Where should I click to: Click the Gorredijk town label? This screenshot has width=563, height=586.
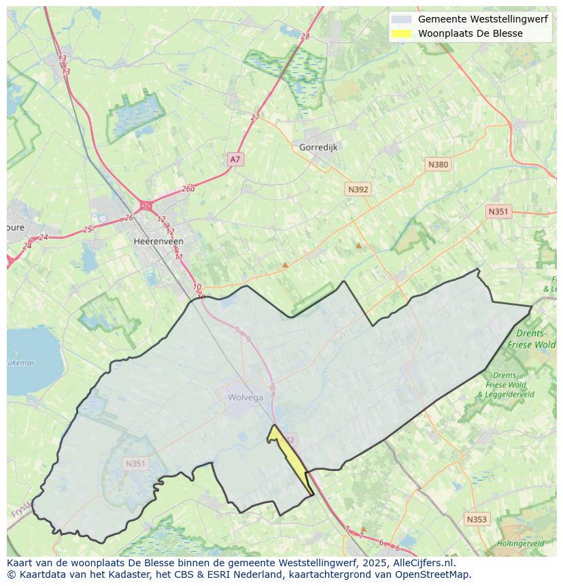pos(318,147)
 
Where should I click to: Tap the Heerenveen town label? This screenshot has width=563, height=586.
pos(158,241)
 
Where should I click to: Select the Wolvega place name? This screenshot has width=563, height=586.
pos(245,397)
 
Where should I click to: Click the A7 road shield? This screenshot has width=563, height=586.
pos(235,159)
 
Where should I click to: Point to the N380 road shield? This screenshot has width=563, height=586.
pos(438,164)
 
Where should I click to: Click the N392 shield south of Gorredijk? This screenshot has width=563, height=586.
pos(358,189)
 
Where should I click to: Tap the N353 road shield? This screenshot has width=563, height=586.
pos(477,519)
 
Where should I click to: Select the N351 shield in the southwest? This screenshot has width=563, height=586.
pos(135,463)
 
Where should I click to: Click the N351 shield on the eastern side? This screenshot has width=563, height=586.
pos(498,212)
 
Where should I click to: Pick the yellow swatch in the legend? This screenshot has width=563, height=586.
pos(401,33)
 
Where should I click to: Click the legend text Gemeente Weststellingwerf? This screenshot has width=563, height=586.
pos(482,19)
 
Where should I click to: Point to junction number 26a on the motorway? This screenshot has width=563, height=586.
pos(188,189)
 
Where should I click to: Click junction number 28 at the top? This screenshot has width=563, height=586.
pos(305,36)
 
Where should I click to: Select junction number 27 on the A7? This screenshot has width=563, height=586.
pos(255,117)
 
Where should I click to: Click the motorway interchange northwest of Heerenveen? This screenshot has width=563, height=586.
pos(146,205)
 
